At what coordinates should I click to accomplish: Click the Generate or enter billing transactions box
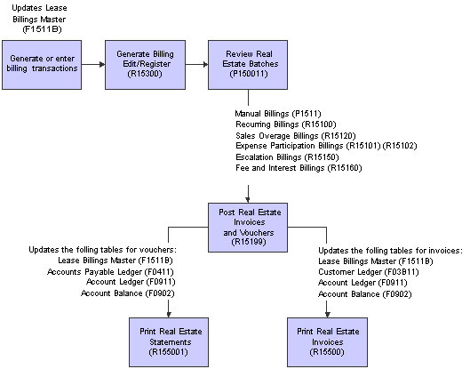click(42, 65)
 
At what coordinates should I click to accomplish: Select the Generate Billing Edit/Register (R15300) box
click(145, 65)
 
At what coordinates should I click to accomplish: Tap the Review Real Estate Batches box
click(248, 65)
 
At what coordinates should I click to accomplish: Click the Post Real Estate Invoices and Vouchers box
click(248, 228)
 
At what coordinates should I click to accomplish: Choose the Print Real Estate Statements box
click(169, 342)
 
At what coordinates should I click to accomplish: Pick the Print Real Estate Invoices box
click(327, 342)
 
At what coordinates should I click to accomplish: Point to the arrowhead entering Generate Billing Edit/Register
click(102, 64)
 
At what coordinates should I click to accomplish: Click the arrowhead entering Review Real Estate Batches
click(205, 64)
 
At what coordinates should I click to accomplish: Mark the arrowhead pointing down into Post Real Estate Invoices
click(248, 200)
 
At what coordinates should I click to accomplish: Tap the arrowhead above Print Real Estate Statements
click(169, 315)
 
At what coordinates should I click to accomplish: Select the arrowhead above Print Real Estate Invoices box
click(327, 315)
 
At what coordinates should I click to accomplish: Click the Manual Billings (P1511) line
click(278, 114)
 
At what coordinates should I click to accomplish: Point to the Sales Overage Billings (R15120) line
click(296, 136)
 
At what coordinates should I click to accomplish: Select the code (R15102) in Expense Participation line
click(400, 146)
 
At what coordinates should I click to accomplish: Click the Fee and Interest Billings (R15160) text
click(299, 168)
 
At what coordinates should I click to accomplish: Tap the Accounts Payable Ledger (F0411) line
click(110, 272)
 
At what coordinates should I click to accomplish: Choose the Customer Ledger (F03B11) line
click(369, 272)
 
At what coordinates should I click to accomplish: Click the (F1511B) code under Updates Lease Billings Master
click(42, 29)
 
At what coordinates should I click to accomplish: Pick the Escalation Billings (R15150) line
click(287, 157)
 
